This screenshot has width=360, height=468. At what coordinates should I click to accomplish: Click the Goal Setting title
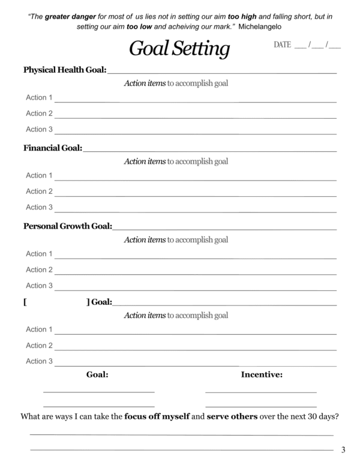pyautogui.click(x=179, y=48)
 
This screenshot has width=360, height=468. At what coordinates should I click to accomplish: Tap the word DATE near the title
pyautogui.click(x=283, y=45)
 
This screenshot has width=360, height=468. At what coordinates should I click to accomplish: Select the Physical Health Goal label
pyautogui.click(x=65, y=70)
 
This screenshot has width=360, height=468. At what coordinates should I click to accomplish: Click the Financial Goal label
pyautogui.click(x=53, y=148)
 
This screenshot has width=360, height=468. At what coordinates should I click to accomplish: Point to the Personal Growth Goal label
pyautogui.click(x=67, y=226)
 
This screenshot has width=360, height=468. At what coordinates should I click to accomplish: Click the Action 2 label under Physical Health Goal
pyautogui.click(x=39, y=113)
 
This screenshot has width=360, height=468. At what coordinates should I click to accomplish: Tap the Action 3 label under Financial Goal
pyautogui.click(x=39, y=207)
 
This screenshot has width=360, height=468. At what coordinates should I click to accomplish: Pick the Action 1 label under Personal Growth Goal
pyautogui.click(x=39, y=254)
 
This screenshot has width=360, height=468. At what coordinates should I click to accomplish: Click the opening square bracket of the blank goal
pyautogui.click(x=25, y=302)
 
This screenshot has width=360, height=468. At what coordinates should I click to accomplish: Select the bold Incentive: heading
pyautogui.click(x=262, y=375)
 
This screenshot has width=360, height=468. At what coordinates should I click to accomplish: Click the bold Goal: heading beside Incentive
pyautogui.click(x=97, y=375)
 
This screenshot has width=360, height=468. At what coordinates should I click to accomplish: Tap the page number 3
pyautogui.click(x=343, y=450)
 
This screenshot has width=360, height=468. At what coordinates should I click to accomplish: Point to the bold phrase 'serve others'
pyautogui.click(x=232, y=416)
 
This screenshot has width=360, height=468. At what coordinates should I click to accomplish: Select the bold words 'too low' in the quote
pyautogui.click(x=139, y=27)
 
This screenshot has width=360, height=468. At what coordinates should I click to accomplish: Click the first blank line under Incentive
pyautogui.click(x=260, y=392)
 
